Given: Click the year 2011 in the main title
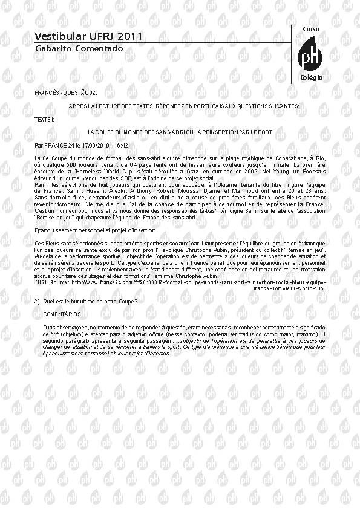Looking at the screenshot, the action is pos(129,36).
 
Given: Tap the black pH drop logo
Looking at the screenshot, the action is pos(311,56).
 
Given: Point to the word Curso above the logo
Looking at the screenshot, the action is pos(310,30).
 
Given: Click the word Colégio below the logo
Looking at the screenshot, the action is pos(311,78).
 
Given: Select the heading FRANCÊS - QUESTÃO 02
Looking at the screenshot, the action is pos(66,93).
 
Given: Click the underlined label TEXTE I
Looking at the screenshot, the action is pos(44,120).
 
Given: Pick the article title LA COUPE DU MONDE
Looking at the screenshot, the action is pos(180,131).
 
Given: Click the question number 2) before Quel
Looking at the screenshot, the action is pos(37,302).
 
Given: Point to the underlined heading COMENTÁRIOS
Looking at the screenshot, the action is pos(63,314).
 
